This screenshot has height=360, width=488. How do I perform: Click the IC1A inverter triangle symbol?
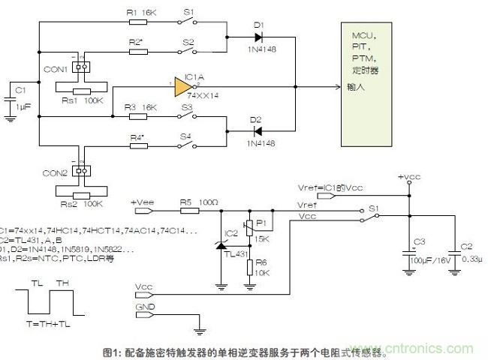pos(182,88)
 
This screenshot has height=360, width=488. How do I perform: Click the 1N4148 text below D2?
pos(261,143)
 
